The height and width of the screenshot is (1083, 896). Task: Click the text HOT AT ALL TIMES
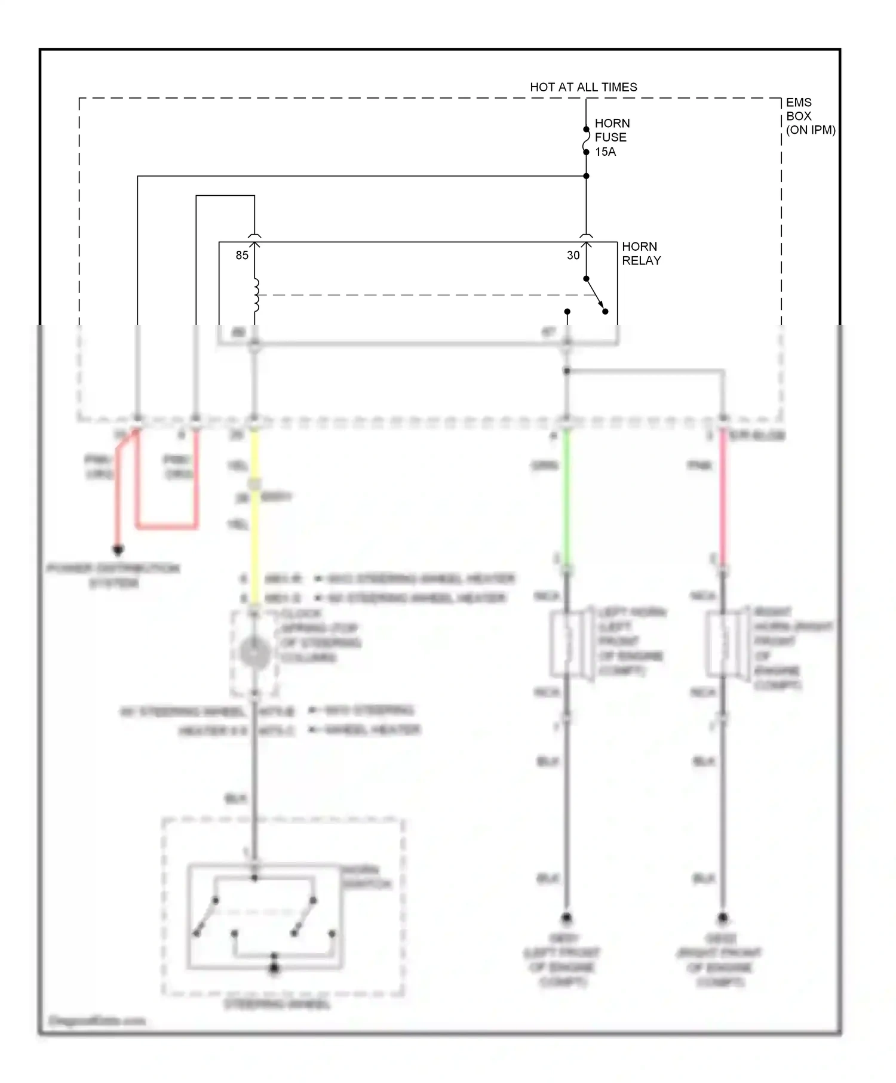(x=583, y=87)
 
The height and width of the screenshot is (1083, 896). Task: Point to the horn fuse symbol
(x=586, y=141)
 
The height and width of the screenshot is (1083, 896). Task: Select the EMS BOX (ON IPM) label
(x=810, y=116)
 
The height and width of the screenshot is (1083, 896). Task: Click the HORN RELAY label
(x=641, y=254)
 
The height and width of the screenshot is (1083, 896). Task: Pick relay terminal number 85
(x=242, y=256)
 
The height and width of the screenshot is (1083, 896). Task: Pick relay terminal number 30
(x=573, y=256)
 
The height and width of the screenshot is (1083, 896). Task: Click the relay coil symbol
(x=256, y=295)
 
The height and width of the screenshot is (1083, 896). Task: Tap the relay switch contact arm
(x=596, y=295)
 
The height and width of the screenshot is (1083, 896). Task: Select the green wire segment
(x=566, y=496)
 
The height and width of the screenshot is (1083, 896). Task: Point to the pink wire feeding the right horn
(x=723, y=496)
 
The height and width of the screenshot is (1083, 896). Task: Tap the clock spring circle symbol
(x=255, y=652)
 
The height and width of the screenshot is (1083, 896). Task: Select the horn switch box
(x=265, y=916)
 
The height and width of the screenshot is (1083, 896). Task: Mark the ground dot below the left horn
(x=566, y=918)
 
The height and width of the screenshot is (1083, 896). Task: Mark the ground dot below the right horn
(x=723, y=918)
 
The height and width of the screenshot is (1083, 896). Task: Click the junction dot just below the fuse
(x=586, y=176)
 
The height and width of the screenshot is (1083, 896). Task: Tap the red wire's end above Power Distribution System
(x=118, y=549)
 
